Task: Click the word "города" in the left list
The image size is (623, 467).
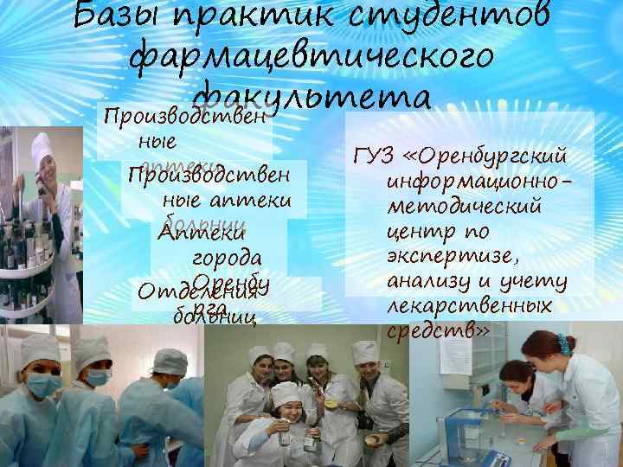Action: [217, 258]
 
